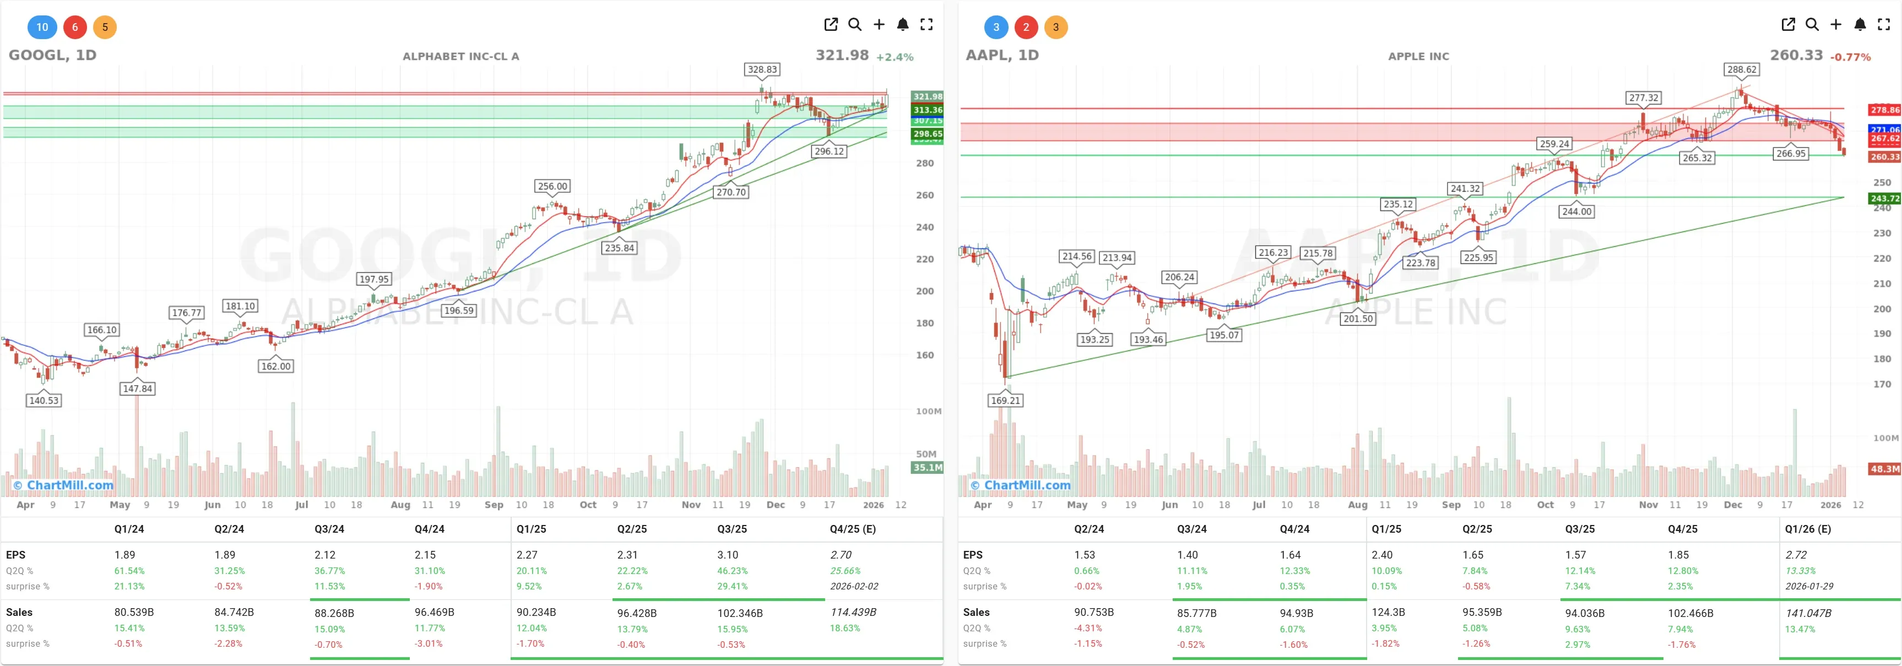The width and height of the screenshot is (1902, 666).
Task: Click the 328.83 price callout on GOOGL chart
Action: [x=762, y=69]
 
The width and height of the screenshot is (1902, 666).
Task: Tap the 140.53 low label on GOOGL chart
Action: [x=44, y=400]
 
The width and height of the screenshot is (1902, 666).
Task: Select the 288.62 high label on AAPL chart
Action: [x=1742, y=69]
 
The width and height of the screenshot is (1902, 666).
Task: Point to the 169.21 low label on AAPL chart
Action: [x=1005, y=400]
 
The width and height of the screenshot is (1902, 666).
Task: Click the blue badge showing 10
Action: [x=42, y=28]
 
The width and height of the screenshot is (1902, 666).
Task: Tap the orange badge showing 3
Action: [x=1055, y=28]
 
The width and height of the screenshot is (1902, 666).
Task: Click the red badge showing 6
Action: [x=74, y=28]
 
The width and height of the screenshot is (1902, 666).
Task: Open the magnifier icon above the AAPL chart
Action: [x=1812, y=24]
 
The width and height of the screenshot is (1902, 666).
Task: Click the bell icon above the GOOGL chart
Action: [x=902, y=24]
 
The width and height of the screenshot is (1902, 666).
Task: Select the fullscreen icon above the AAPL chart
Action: [x=1883, y=24]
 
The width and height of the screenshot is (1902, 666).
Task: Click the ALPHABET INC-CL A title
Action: [x=460, y=56]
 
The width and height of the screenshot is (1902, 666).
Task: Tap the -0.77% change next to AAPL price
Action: [x=1850, y=57]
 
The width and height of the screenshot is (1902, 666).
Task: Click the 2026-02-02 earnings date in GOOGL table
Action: [x=854, y=586]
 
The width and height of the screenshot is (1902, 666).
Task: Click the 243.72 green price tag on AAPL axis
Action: [x=1884, y=199]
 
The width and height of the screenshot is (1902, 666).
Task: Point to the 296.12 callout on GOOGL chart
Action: [x=828, y=151]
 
